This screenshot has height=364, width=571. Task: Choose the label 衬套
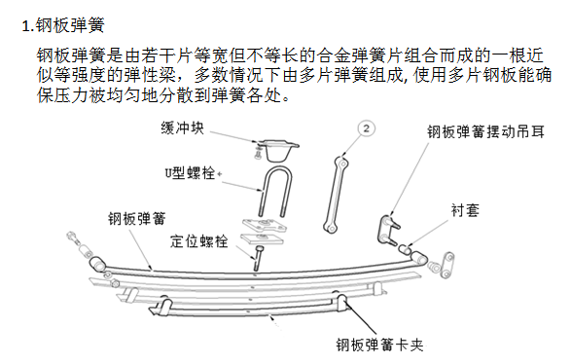464,209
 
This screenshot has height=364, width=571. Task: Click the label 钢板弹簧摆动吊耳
485,130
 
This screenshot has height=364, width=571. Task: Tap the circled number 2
366,128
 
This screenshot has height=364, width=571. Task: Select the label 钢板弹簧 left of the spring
136,217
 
